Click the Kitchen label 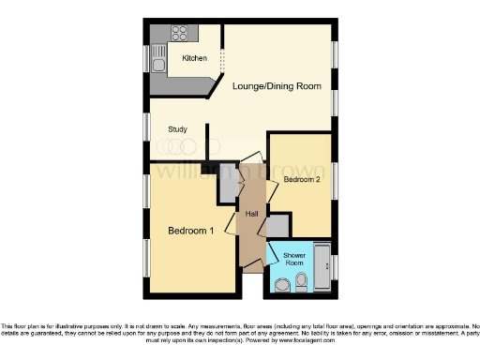[x=194, y=59]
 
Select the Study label [x=178, y=128]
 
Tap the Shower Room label [x=293, y=259]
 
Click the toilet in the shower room [x=301, y=280]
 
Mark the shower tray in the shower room [x=322, y=267]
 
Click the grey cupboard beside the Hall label [x=277, y=226]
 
